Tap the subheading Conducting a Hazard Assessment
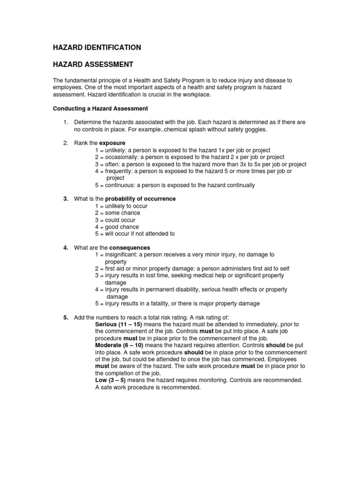pyautogui.click(x=100, y=109)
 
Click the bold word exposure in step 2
pyautogui.click(x=112, y=143)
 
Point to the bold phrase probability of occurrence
pyautogui.click(x=140, y=199)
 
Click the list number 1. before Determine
pyautogui.click(x=66, y=122)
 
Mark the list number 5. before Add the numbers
pyautogui.click(x=66, y=317)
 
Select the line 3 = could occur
pyautogui.click(x=115, y=220)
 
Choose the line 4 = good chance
pyautogui.click(x=117, y=227)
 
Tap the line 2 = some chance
pyautogui.click(x=117, y=213)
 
